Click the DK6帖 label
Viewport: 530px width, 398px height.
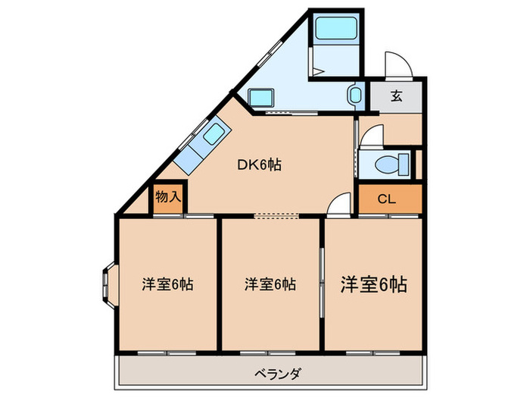tap(260, 164)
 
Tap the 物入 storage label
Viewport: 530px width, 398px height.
tap(167, 197)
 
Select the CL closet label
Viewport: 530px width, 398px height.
tap(386, 199)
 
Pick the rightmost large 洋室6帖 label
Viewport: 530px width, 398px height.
tap(373, 284)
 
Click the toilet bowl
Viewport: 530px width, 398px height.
tap(391, 162)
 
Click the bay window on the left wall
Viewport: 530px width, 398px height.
tap(106, 285)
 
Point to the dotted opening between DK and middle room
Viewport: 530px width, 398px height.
tap(276, 215)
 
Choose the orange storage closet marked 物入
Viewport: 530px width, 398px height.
tap(167, 198)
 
